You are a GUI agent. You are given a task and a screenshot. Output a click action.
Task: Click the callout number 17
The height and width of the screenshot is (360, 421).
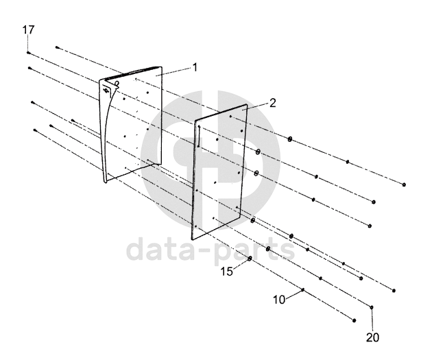click(28, 30)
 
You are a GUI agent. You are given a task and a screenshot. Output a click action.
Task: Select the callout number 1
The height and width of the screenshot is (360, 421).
click(195, 67)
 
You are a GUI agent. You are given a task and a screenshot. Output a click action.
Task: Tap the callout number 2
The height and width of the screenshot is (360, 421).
click(272, 103)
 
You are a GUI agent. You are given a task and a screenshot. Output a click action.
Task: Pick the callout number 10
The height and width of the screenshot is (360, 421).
click(279, 300)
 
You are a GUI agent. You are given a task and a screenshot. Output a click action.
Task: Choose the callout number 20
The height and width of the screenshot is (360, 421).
click(372, 337)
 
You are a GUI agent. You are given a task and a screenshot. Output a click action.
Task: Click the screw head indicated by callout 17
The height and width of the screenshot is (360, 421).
click(28, 52)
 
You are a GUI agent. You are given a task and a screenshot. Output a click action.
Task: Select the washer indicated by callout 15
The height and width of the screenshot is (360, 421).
click(250, 259)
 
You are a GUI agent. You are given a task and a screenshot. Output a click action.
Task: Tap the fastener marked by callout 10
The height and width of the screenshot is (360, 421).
click(303, 291)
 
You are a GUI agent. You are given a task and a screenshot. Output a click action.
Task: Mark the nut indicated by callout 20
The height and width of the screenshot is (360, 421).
click(372, 307)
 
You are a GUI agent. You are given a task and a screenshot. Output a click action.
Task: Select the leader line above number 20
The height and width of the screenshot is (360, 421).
click(372, 320)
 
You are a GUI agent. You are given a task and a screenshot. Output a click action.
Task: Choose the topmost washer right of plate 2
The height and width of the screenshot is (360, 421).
click(291, 139)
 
